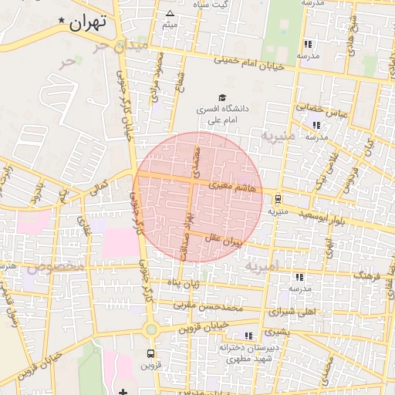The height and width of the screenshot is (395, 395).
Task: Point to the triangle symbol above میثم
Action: pos(170,13)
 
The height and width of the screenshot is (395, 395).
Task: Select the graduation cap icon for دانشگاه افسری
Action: pos(222,98)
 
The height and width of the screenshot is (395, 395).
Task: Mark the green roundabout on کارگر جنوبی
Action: pos(150,329)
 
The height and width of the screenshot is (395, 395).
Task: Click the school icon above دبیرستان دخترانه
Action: pos(248,336)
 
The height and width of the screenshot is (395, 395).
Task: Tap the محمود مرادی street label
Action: pos(159,71)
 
